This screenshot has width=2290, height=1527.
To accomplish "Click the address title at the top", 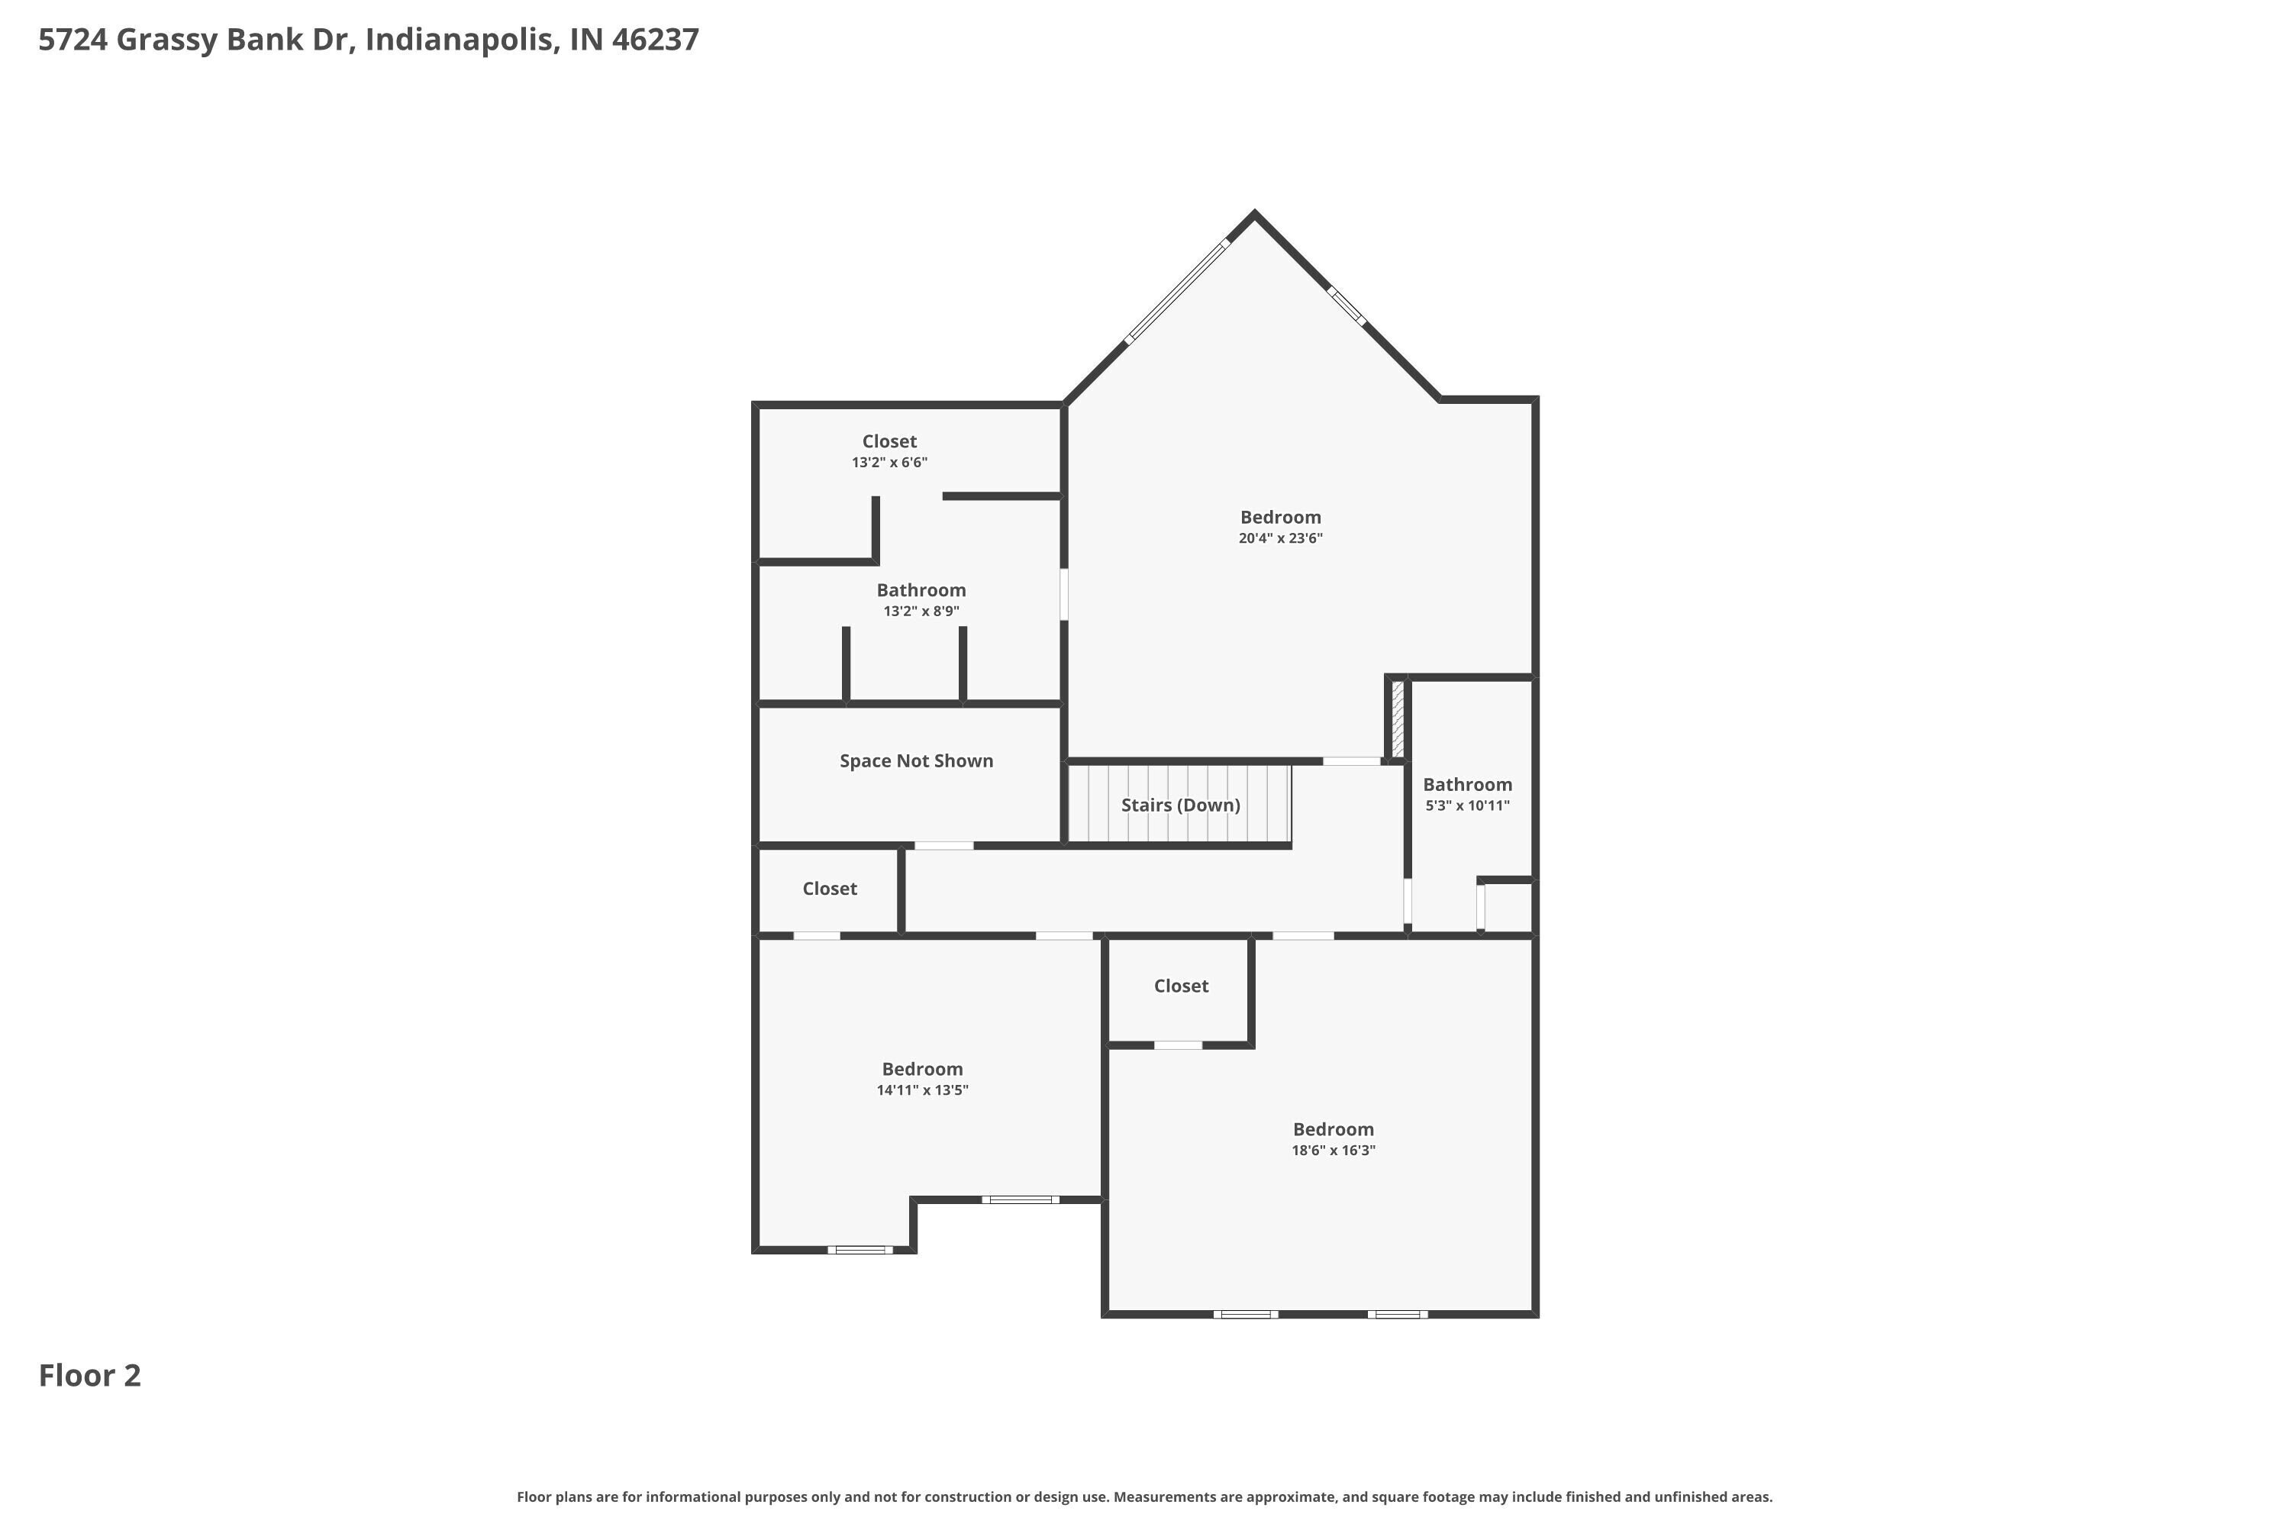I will (368, 40).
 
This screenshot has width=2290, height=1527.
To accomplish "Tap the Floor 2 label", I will (89, 1375).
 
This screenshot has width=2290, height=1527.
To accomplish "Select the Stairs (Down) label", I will (1180, 805).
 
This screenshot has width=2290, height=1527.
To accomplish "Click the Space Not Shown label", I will (916, 760).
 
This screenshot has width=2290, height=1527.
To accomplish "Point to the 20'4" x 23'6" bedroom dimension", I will (1280, 538).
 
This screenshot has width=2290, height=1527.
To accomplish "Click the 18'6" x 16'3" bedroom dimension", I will (1333, 1150).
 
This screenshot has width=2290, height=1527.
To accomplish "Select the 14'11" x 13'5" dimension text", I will (922, 1090).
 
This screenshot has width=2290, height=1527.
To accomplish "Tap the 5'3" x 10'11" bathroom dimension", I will (1467, 805).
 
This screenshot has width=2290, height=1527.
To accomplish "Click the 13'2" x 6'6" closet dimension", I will (889, 463).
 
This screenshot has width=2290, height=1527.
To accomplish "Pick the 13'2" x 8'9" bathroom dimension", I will (921, 612).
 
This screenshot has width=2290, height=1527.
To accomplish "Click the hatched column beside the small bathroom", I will (1397, 718).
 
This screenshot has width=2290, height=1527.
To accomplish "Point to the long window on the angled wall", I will (1177, 291).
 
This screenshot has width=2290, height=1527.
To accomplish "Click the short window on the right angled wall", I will (1347, 306).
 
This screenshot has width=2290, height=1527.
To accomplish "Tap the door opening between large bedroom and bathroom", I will (1063, 594).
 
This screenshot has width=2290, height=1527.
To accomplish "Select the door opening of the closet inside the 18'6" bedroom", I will (1178, 1045).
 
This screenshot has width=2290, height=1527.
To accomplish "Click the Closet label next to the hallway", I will (830, 888).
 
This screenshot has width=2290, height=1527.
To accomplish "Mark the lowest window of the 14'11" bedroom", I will (860, 1249).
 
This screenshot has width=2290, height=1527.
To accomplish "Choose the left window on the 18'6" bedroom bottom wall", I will (1245, 1314).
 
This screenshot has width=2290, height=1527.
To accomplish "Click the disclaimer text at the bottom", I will (1144, 1496).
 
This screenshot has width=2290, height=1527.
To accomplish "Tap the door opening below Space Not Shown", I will (943, 845).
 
